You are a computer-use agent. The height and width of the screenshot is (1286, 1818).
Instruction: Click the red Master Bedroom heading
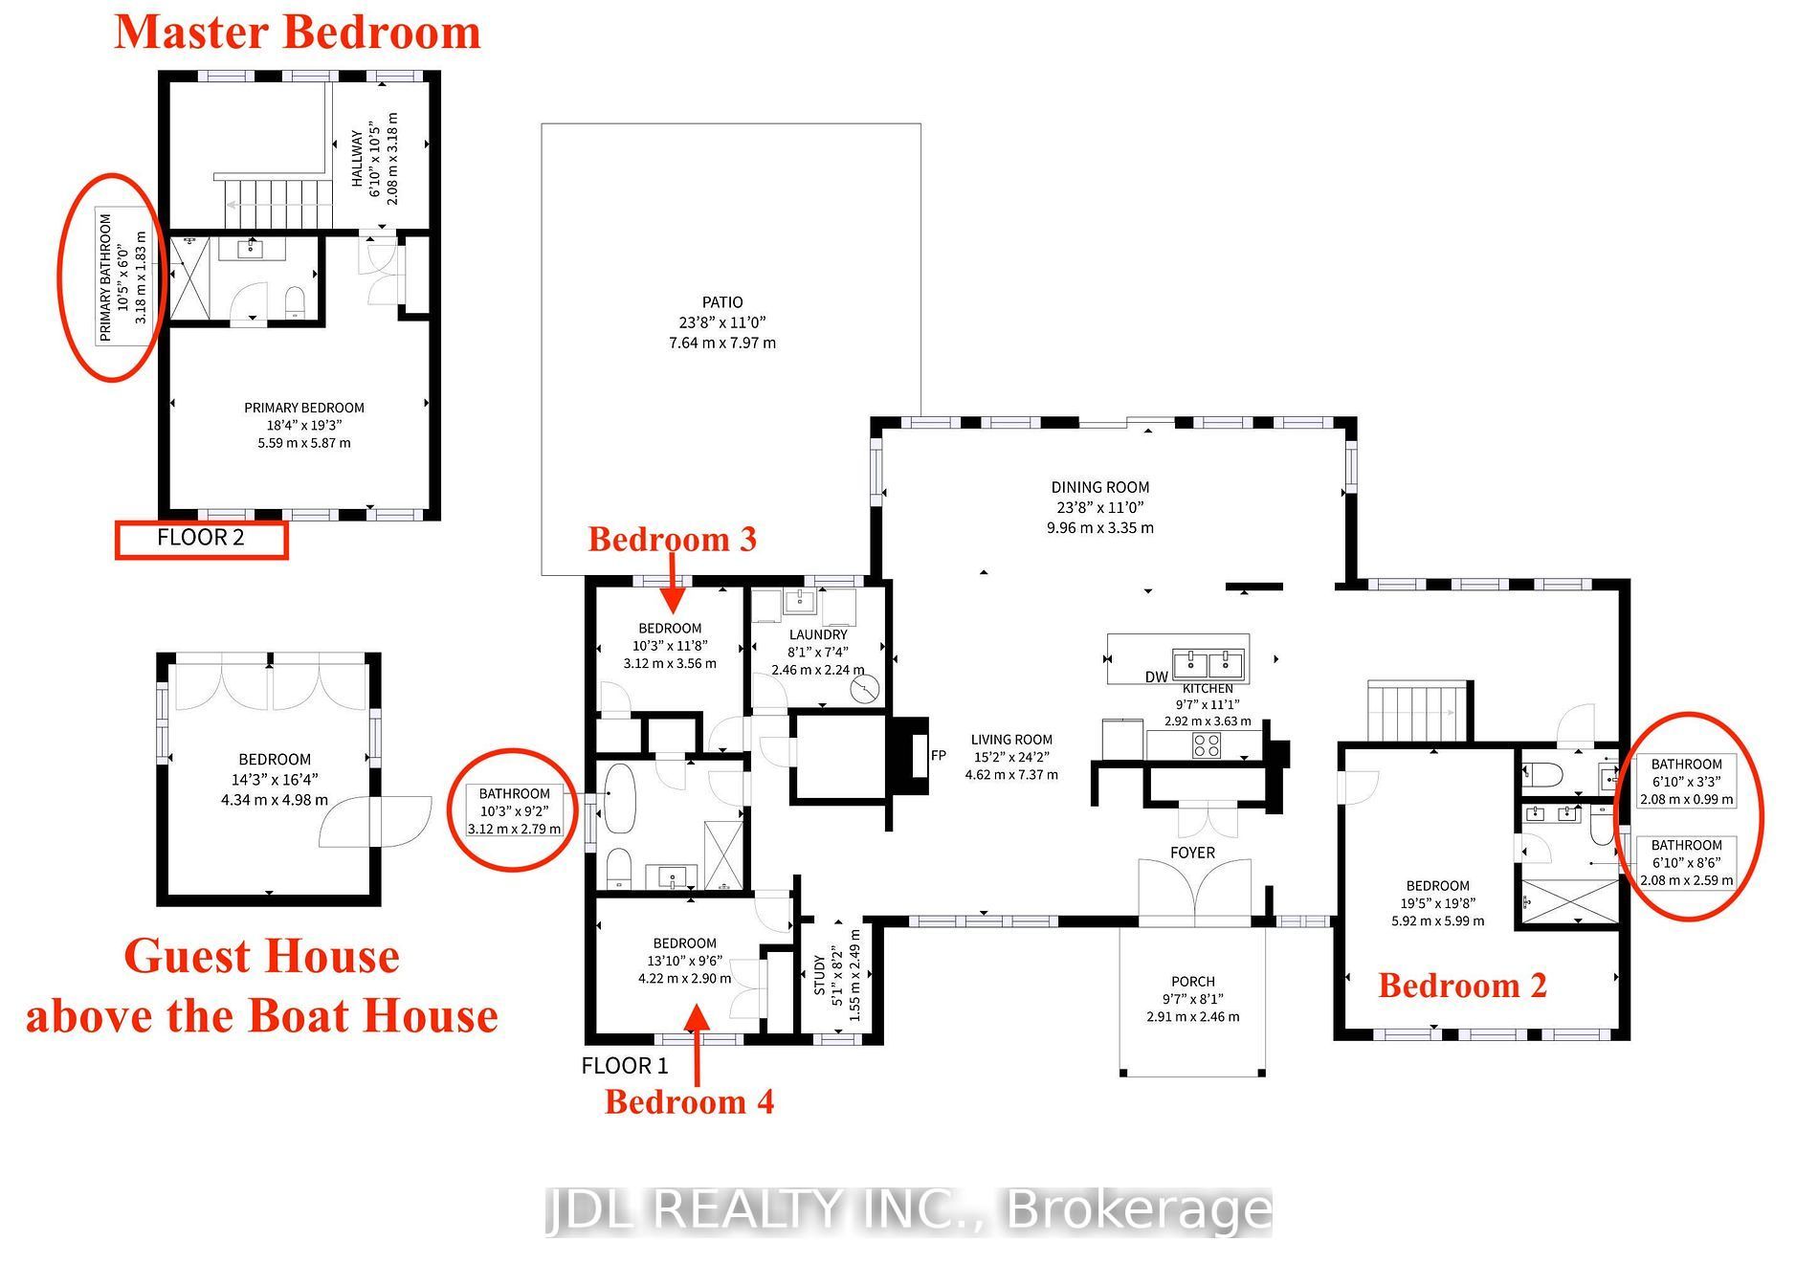click(x=298, y=33)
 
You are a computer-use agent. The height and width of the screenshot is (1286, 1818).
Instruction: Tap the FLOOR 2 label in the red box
click(x=201, y=538)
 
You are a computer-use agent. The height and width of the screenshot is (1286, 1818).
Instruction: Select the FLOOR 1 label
click(x=625, y=1066)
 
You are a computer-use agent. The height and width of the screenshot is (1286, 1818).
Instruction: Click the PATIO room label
click(x=722, y=302)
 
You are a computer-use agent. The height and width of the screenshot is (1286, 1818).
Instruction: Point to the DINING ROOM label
click(x=1100, y=487)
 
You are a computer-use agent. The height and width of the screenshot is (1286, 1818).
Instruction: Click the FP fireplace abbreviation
click(x=939, y=756)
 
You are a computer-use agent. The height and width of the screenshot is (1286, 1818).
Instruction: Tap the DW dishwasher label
click(x=1157, y=676)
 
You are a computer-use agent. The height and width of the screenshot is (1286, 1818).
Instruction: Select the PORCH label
click(x=1193, y=982)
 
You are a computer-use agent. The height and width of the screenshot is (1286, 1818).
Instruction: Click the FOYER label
click(x=1193, y=853)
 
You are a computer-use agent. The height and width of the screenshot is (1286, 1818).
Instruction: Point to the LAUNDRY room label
click(x=818, y=634)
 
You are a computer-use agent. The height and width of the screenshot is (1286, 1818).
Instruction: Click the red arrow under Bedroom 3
click(x=673, y=584)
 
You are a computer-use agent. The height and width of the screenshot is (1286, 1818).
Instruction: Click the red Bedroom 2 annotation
click(x=1462, y=986)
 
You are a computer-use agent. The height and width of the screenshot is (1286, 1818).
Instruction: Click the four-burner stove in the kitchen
click(x=1207, y=743)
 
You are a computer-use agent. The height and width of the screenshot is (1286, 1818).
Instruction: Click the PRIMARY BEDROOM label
click(x=304, y=408)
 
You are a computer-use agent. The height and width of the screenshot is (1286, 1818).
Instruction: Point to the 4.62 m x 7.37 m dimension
click(x=1011, y=775)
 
